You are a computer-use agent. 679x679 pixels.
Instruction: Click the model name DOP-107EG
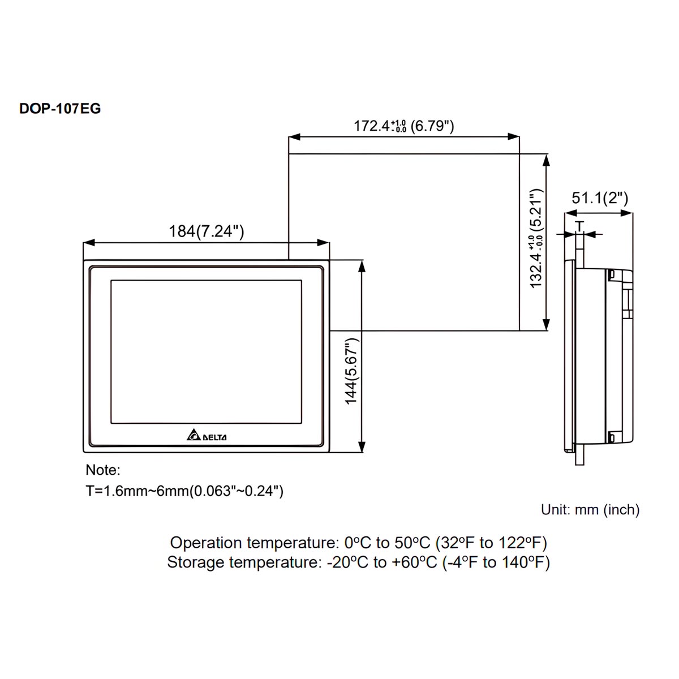tap(60, 108)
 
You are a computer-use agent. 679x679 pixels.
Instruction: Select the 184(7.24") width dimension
tap(207, 231)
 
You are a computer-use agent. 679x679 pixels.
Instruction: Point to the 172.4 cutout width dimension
tap(403, 126)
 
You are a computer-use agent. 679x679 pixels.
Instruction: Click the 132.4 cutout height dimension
tap(536, 238)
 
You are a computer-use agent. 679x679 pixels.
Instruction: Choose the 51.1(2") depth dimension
tap(600, 198)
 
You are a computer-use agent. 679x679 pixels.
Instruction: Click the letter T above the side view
tap(579, 226)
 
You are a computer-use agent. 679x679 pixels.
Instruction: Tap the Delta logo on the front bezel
tap(207, 436)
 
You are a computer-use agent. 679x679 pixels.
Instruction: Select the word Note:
tap(103, 470)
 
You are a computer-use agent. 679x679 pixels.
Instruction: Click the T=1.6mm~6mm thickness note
tap(184, 491)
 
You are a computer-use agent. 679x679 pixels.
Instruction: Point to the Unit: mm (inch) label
tap(590, 509)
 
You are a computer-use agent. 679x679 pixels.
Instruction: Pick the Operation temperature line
tap(358, 543)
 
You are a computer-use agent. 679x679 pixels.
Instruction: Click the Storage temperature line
tap(358, 562)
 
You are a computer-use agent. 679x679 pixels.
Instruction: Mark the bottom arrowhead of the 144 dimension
tap(361, 448)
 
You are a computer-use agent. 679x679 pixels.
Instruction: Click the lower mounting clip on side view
tap(612, 436)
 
